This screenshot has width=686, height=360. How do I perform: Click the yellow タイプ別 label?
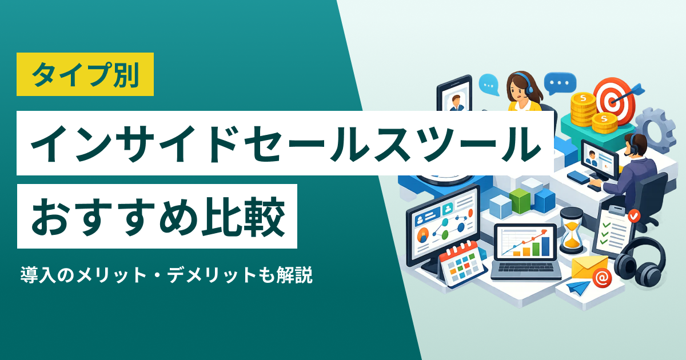[x=85, y=74]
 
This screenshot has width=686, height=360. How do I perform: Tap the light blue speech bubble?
[x=489, y=85]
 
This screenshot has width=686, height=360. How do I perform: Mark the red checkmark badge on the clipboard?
[x=633, y=216]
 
